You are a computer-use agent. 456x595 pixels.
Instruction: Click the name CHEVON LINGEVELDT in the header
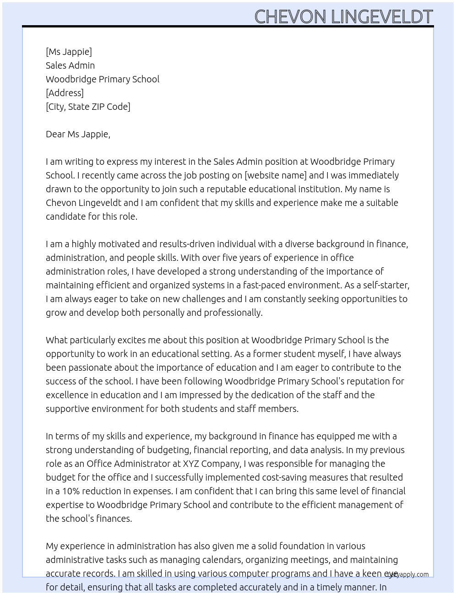[343, 16]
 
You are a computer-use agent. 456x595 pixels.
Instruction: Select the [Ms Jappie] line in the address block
[69, 52]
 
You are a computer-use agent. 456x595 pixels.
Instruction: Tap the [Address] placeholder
[65, 93]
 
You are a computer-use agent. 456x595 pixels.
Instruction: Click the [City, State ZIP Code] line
[88, 107]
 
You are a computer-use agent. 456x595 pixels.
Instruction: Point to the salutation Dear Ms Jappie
[78, 134]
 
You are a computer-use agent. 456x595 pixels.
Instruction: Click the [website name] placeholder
[276, 175]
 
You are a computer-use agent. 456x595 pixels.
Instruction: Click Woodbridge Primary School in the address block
[103, 79]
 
